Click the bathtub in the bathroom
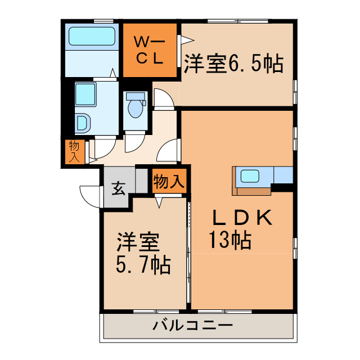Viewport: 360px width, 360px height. pos(92,37)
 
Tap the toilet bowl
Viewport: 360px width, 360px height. pos(135,109)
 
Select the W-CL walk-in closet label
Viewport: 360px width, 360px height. pos(149,49)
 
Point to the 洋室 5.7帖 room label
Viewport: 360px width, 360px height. pos(143,254)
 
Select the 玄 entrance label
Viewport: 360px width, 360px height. pos(118,188)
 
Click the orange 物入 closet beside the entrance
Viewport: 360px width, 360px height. pos(169,181)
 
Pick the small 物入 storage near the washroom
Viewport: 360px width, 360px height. pos(74,151)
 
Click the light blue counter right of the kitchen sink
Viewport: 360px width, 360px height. pos(283,175)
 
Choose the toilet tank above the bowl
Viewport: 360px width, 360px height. pos(135,96)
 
